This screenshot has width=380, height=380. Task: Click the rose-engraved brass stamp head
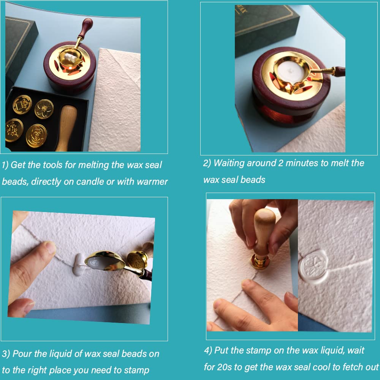click(36, 136)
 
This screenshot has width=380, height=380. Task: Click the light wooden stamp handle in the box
click(66, 128)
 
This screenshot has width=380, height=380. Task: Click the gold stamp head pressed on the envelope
click(260, 262)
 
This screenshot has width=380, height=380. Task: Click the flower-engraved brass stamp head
click(44, 109)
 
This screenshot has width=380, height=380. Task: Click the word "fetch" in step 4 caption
click(353, 367)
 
